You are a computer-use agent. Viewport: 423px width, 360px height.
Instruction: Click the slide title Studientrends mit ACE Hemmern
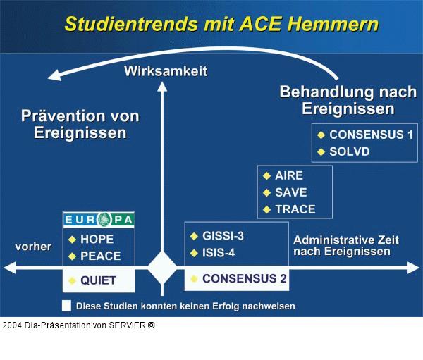click(x=221, y=24)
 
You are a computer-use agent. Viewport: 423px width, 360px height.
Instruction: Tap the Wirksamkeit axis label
click(x=166, y=71)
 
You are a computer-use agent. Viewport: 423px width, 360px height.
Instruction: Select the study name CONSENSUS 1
click(x=371, y=134)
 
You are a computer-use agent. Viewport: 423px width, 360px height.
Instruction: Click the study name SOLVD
click(x=350, y=151)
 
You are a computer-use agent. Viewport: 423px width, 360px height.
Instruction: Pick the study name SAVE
click(x=290, y=192)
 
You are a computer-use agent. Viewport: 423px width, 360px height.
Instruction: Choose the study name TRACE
click(x=295, y=209)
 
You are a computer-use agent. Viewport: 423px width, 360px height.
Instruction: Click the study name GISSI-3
click(x=223, y=236)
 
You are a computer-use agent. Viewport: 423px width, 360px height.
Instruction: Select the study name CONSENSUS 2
click(x=244, y=279)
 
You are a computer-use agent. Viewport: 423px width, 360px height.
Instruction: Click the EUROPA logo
click(x=99, y=220)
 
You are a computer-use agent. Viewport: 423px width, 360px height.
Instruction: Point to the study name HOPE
click(x=97, y=240)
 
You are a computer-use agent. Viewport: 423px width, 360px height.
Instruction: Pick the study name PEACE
click(x=100, y=256)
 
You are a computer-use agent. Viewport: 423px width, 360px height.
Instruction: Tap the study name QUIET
click(x=98, y=280)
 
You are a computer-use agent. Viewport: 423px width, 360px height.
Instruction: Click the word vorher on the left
click(x=33, y=247)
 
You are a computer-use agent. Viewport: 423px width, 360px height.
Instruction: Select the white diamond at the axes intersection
click(x=162, y=268)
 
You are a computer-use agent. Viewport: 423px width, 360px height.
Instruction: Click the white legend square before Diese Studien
click(x=66, y=306)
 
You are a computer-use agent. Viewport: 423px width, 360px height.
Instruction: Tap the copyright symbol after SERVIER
click(x=151, y=325)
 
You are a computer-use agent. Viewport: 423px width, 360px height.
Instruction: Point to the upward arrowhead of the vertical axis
click(x=162, y=87)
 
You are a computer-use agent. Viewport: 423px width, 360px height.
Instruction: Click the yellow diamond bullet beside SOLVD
click(x=321, y=151)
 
